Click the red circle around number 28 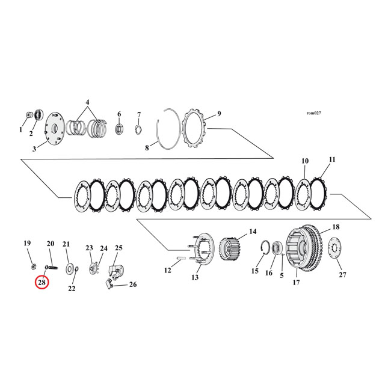click(42, 281)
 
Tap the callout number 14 click(253, 231)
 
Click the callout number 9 click(219, 114)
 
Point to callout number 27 click(342, 274)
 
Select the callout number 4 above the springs click(88, 102)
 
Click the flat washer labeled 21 click(70, 266)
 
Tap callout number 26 click(133, 285)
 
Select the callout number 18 click(336, 227)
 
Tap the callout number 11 click(331, 159)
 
